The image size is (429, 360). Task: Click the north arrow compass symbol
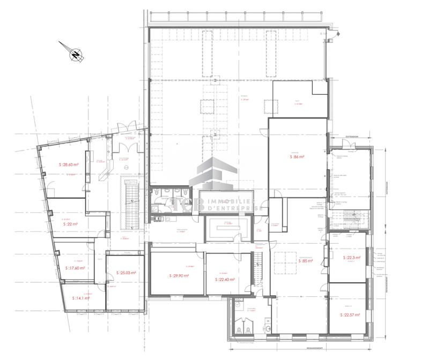pyautogui.click(x=75, y=54)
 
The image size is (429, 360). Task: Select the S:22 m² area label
pyautogui.click(x=70, y=224)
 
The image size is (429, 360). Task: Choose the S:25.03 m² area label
pyautogui.click(x=126, y=273)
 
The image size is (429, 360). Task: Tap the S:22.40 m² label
pyautogui.click(x=227, y=279)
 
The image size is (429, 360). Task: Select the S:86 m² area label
pyautogui.click(x=297, y=157)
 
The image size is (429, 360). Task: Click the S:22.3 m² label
pyautogui.click(x=351, y=258)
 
